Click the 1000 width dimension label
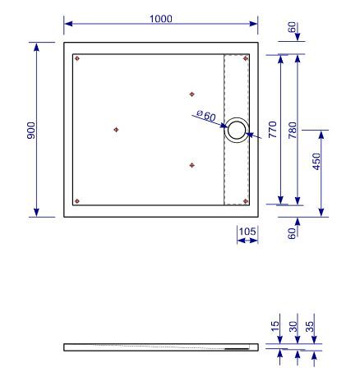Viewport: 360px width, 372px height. (x=161, y=19)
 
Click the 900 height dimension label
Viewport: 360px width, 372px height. (x=31, y=131)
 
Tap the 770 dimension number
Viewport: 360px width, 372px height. (x=273, y=129)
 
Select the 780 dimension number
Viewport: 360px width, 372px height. (x=293, y=130)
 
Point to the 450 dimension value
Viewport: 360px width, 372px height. (x=316, y=161)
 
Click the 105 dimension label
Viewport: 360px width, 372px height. (x=247, y=232)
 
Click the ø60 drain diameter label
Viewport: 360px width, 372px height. (x=206, y=116)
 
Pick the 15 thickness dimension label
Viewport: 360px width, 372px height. (x=275, y=326)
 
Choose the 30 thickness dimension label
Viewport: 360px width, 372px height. (x=293, y=326)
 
